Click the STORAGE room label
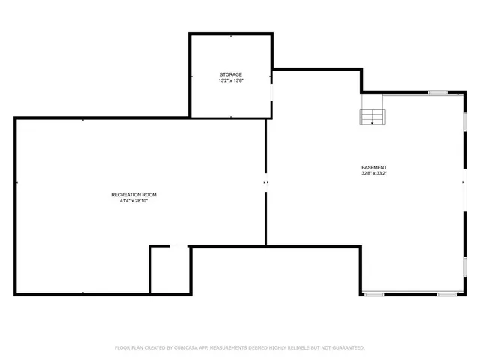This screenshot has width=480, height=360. (x=230, y=74)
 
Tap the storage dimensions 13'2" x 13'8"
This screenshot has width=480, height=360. (x=230, y=80)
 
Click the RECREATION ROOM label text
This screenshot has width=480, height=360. (x=133, y=195)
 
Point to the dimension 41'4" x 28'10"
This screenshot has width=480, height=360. (x=133, y=201)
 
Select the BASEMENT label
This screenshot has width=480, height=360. (x=374, y=167)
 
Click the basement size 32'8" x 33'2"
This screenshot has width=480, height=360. (x=374, y=173)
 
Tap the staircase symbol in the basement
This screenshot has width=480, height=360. (x=372, y=115)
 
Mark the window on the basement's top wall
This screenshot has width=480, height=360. (x=437, y=92)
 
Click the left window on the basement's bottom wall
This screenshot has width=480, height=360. (x=374, y=294)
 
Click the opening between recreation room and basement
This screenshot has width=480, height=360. (x=265, y=182)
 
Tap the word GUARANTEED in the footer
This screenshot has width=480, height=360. (x=348, y=348)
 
